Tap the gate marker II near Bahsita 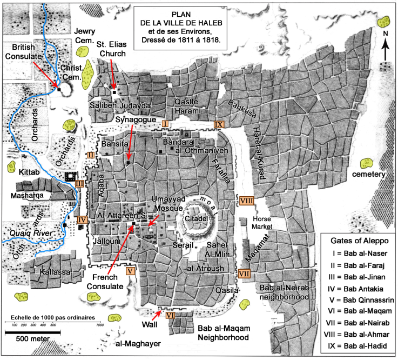[91, 155]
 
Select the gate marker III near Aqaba [79, 184]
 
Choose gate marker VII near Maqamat [244, 273]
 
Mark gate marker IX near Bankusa [218, 124]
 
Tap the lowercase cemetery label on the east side [369, 175]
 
